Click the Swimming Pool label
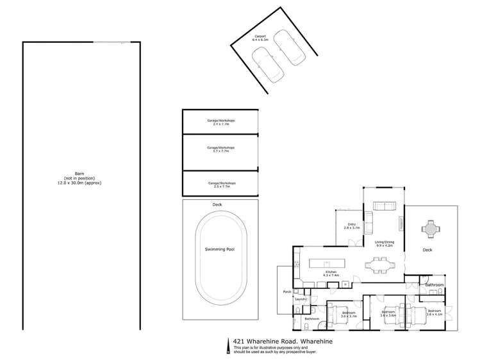(221, 249)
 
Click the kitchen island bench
(326, 263)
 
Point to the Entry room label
(352, 225)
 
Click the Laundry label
(301, 299)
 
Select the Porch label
(288, 291)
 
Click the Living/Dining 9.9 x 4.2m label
(385, 243)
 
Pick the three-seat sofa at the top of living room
(385, 206)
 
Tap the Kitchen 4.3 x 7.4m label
(331, 274)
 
